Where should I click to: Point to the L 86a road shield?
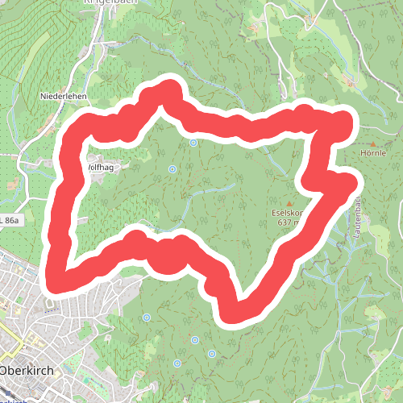[x=9, y=219]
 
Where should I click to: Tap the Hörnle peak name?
[x=374, y=152]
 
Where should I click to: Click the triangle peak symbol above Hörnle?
[x=372, y=143]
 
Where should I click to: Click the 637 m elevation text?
[x=287, y=222]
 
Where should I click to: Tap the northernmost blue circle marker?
[x=193, y=143]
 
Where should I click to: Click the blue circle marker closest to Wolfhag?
[x=172, y=168]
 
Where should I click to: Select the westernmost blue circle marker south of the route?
[x=146, y=318]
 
